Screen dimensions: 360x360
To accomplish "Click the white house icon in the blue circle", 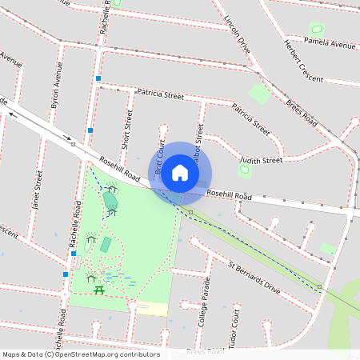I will point(180,172).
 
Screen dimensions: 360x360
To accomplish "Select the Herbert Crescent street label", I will point(303,62).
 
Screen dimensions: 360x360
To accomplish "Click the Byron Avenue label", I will point(56,95).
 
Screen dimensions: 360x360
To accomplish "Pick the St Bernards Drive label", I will point(254,277).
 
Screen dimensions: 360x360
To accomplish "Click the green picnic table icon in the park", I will point(99,290).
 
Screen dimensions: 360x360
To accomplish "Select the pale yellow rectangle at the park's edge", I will point(152,309).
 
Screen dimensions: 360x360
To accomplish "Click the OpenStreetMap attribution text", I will point(81,354).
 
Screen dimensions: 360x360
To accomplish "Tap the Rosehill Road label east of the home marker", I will point(230,194).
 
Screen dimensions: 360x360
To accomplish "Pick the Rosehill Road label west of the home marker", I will point(120,168).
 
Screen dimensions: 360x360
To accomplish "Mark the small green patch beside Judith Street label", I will point(245,170).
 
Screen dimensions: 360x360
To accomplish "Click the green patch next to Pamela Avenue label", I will point(316,30).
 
